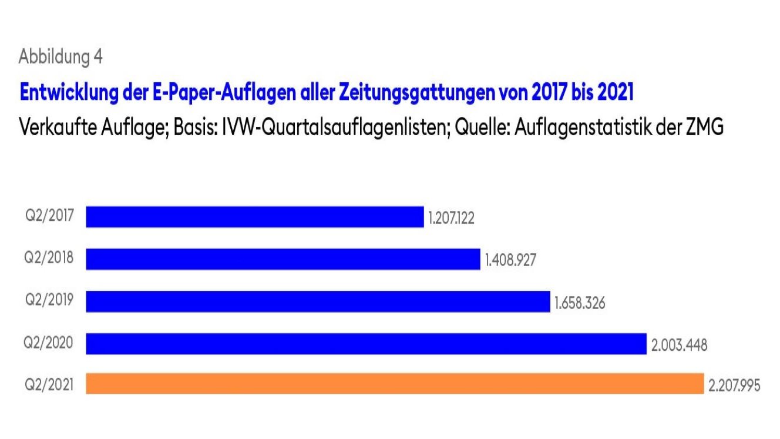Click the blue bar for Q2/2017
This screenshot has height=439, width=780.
click(254, 216)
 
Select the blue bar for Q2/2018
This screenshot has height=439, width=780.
click(283, 259)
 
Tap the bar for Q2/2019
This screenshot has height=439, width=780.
click(318, 301)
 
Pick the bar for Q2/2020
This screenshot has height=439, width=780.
click(366, 344)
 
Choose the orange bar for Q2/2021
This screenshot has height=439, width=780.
click(395, 384)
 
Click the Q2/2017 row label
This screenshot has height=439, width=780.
click(49, 215)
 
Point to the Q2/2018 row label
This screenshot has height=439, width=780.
click(49, 257)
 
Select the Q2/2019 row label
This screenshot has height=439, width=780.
click(49, 300)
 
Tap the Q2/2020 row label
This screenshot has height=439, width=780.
click(49, 343)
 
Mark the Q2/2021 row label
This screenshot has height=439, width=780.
click(49, 385)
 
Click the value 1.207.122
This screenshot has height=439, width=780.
click(451, 219)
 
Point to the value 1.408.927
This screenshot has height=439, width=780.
click(510, 260)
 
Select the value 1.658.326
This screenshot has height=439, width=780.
click(579, 303)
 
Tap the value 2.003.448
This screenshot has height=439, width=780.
click(679, 346)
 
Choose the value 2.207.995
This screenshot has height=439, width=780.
click(734, 386)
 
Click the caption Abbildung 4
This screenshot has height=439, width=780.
click(61, 56)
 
